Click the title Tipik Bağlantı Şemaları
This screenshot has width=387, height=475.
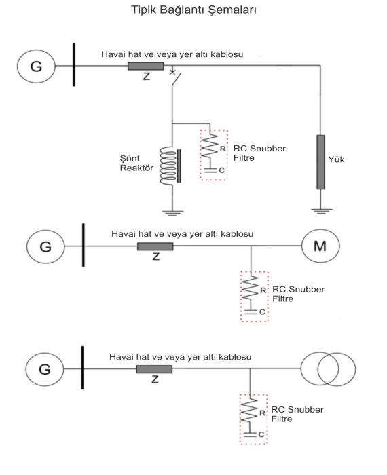click(193, 9)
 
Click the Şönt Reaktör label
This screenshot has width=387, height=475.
click(136, 163)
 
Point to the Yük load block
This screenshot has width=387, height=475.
click(320, 162)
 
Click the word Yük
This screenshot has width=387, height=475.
click(336, 159)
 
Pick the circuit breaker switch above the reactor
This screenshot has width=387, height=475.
click(175, 77)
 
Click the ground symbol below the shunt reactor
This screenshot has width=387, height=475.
click(172, 212)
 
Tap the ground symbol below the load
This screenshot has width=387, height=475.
click(321, 211)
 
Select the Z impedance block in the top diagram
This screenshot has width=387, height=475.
click(146, 66)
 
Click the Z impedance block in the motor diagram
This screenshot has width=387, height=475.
click(155, 246)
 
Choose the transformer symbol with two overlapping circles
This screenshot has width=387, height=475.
click(328, 368)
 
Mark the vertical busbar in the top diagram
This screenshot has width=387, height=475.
click(74, 65)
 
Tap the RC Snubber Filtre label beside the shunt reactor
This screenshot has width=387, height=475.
click(259, 153)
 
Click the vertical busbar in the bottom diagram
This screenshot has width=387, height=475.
click(82, 368)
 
